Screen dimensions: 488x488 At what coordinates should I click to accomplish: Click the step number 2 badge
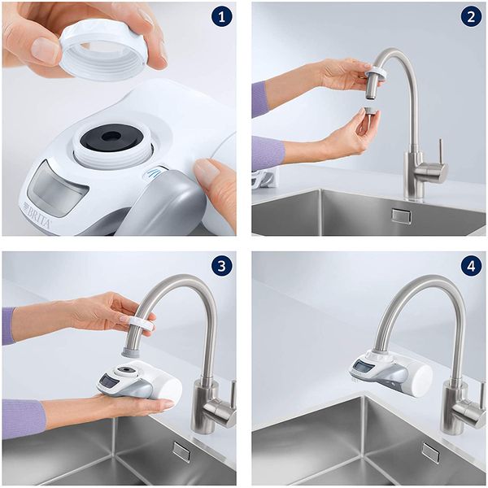coord(469,18)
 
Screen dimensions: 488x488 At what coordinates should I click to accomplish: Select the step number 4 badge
coord(469,266)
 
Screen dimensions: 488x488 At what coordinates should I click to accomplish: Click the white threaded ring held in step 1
coord(103,49)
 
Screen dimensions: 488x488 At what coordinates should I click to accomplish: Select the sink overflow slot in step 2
coord(401,216)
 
